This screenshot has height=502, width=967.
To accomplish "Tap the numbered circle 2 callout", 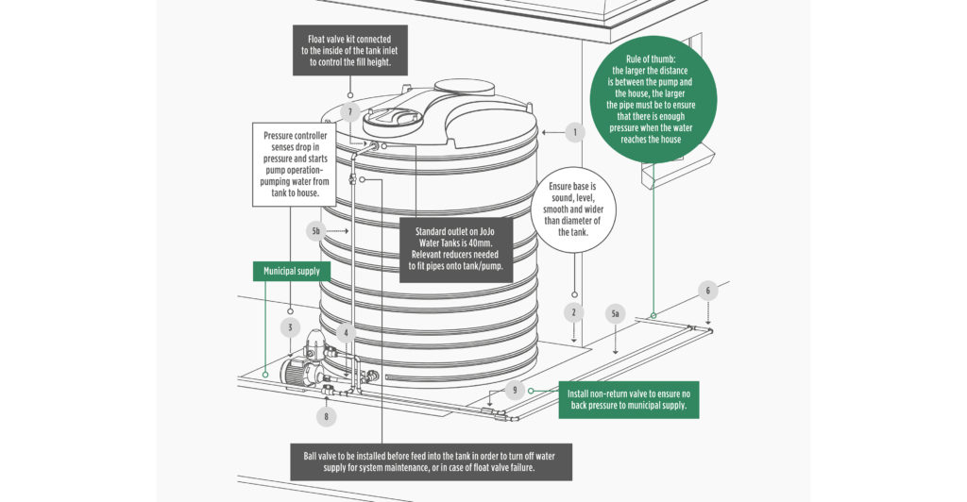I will tap(572, 312).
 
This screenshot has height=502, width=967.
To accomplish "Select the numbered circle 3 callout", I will tap(291, 327).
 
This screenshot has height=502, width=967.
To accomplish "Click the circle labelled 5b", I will tap(317, 230).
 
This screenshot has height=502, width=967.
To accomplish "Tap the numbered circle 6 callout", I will tap(706, 291).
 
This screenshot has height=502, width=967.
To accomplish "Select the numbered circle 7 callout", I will tap(349, 112).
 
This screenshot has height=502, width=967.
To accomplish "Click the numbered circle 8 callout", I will tap(327, 415).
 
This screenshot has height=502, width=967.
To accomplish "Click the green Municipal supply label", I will tap(292, 271).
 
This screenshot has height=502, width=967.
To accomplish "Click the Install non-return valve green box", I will tap(633, 401).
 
